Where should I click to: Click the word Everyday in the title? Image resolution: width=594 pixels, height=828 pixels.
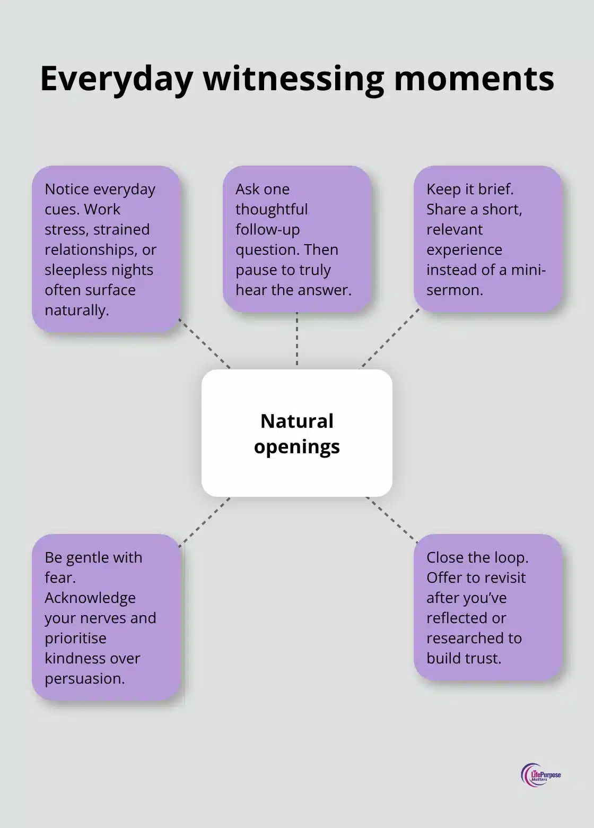pyautogui.click(x=116, y=79)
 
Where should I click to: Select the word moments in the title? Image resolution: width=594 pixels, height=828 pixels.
pyautogui.click(x=474, y=79)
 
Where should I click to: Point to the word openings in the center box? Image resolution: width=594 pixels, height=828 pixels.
pyautogui.click(x=296, y=446)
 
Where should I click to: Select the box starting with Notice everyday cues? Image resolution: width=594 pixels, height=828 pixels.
pyautogui.click(x=106, y=249)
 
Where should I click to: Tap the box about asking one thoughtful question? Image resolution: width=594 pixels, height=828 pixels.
pyautogui.click(x=296, y=239)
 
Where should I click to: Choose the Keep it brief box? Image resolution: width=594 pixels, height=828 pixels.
pyautogui.click(x=487, y=239)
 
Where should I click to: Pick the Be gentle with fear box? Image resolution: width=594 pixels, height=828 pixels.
pyautogui.click(x=106, y=617)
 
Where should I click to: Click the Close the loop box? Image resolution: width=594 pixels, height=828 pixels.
pyautogui.click(x=487, y=607)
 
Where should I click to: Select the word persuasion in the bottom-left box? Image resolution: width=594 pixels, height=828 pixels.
pyautogui.click(x=84, y=678)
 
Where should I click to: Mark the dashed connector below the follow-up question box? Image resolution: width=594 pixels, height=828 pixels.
pyautogui.click(x=296, y=340)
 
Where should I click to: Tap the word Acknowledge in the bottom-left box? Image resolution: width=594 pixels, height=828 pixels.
pyautogui.click(x=90, y=598)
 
